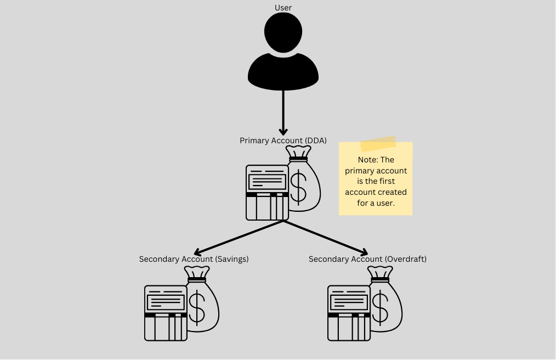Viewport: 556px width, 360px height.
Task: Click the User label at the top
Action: pos(283,8)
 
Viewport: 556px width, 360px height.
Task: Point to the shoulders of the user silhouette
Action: pos(283,74)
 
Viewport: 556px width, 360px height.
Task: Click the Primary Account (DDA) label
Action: pos(283,140)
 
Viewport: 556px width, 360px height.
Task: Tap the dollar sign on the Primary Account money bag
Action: pos(298,186)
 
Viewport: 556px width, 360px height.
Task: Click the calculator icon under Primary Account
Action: pos(267,192)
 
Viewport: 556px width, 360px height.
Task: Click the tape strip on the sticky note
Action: pos(378,144)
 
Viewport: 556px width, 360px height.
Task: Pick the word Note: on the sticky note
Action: pos(368,160)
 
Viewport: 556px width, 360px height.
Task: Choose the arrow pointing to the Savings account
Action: pos(239,238)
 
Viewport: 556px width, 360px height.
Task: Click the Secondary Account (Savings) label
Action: pos(194,259)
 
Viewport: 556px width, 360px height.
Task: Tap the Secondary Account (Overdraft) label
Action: pos(367,259)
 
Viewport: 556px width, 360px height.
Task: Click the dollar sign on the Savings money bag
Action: pos(197,307)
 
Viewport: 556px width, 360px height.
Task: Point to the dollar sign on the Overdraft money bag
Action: pos(380,307)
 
